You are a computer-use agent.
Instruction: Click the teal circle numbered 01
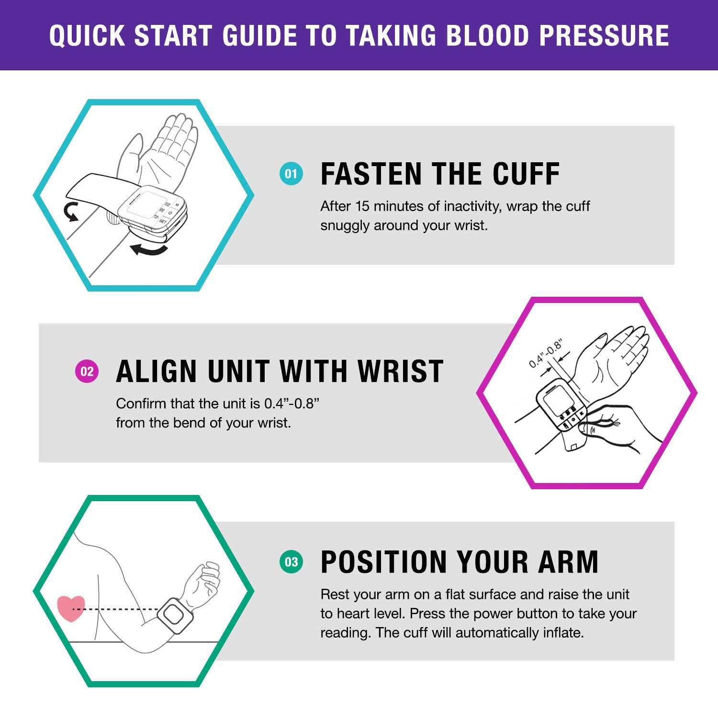[x=291, y=174]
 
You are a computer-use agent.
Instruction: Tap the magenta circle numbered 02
[x=87, y=371]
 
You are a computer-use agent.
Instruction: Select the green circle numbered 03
[x=291, y=561]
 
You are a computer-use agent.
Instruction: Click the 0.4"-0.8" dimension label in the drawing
[x=545, y=354]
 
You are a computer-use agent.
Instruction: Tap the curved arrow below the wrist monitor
[x=149, y=249]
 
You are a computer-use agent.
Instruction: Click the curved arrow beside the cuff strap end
[x=71, y=212]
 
